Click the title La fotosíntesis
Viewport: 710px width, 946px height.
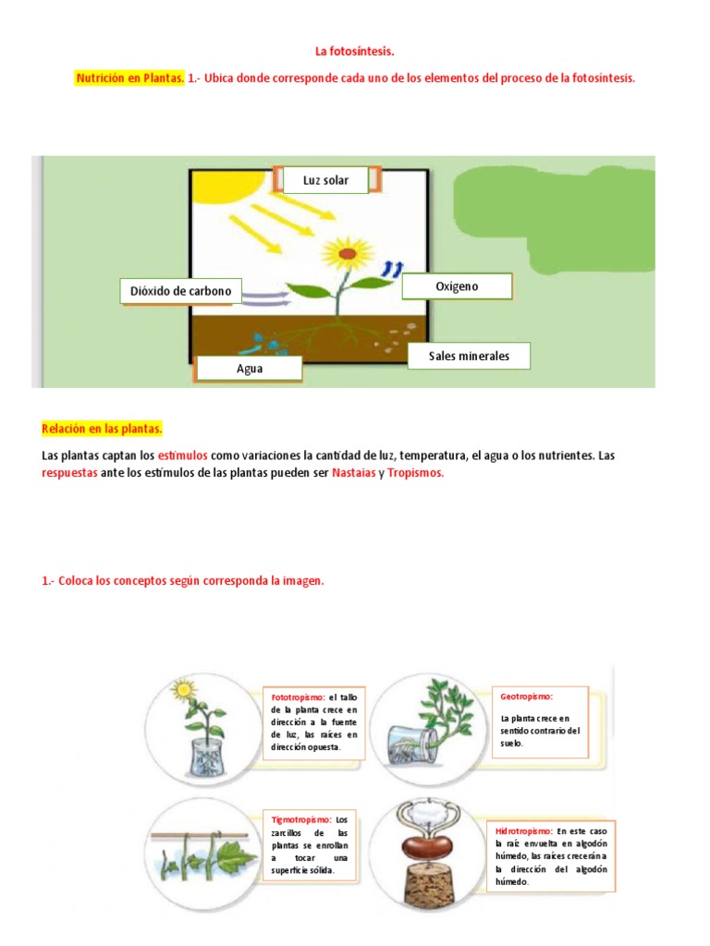click(x=355, y=53)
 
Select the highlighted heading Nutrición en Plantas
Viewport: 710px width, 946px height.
click(x=129, y=79)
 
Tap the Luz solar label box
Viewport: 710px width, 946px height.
click(x=326, y=180)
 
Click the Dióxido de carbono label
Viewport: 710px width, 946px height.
click(x=180, y=292)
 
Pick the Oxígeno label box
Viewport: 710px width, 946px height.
click(x=457, y=286)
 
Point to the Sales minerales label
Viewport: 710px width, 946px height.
click(x=469, y=356)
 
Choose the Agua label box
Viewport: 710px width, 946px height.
click(x=250, y=369)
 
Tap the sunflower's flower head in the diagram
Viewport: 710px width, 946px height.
click(x=347, y=250)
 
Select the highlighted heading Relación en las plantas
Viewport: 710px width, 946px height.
click(x=102, y=429)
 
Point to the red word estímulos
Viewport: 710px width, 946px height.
click(x=183, y=455)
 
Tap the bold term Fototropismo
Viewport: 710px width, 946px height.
click(x=298, y=697)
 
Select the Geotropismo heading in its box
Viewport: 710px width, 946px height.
click(x=525, y=696)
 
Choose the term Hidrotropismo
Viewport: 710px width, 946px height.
click(x=524, y=831)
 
